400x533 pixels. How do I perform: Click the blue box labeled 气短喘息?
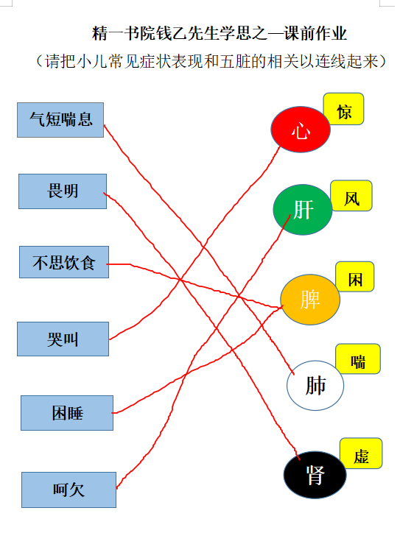pos(60,120)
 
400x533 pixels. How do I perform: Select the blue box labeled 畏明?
pos(63,191)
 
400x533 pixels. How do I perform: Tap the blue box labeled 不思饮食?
pos(64,262)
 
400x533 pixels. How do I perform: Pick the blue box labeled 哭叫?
pos(63,339)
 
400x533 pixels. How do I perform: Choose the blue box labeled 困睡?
pos(67,413)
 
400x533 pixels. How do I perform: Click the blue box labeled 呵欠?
pos(69,490)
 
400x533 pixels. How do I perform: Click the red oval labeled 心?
pos(301,129)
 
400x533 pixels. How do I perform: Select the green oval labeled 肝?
pos(303,209)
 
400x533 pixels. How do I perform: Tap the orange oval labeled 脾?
pos(310,300)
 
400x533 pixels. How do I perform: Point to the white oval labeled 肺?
pos(315,386)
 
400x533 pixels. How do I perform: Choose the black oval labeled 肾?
pos(315,475)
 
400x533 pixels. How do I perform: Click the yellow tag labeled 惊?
pos(343,109)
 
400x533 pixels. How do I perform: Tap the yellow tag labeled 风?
pos(351,196)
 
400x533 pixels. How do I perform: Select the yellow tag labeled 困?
pos(355,277)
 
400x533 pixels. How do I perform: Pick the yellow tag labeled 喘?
pos(358,359)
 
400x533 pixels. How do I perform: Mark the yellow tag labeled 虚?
pos(361,453)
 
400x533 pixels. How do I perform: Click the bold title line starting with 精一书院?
pos(220,33)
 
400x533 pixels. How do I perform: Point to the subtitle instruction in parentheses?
pos(211,62)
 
